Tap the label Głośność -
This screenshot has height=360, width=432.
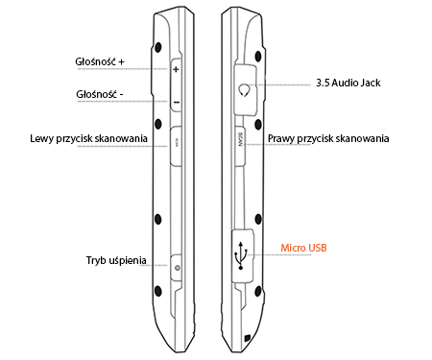pos(98,94)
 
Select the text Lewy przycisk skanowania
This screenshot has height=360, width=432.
pos(88,139)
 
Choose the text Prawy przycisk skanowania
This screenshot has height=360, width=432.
pos(328,139)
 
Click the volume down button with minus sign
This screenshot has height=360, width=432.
pos(178,100)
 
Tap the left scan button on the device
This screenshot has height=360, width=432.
pos(178,144)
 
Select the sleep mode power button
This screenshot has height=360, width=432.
pos(178,266)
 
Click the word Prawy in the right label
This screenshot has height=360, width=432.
pos(282,139)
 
